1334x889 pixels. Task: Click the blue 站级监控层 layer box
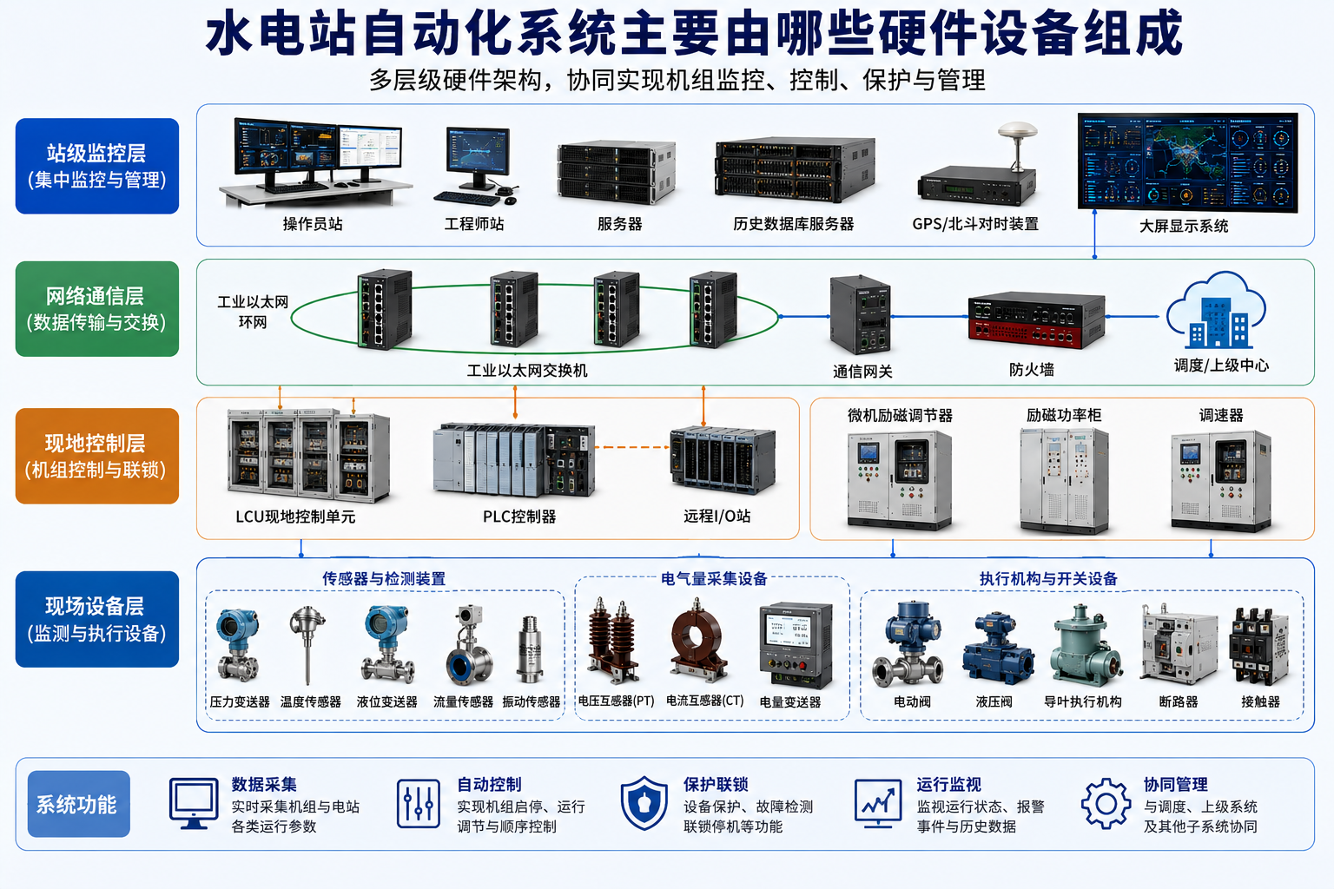[x=97, y=166]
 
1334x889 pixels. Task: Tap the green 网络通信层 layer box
[x=97, y=308]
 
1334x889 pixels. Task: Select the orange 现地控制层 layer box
[x=97, y=456]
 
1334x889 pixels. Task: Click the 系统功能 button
[x=79, y=804]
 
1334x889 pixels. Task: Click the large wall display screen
[x=1187, y=162]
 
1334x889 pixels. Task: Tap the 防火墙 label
[x=1032, y=370]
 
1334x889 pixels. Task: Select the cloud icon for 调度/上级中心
[x=1216, y=310]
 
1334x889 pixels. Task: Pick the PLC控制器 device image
[x=514, y=459]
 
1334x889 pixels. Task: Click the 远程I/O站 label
[x=717, y=516]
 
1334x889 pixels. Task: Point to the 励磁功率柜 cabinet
[x=1064, y=480]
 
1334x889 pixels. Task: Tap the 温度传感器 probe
[x=307, y=644]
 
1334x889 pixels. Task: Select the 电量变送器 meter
[x=796, y=645]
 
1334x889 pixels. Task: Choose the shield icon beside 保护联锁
[x=644, y=803]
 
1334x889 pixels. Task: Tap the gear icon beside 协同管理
[x=1106, y=804]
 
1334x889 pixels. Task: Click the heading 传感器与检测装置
[x=384, y=578]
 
